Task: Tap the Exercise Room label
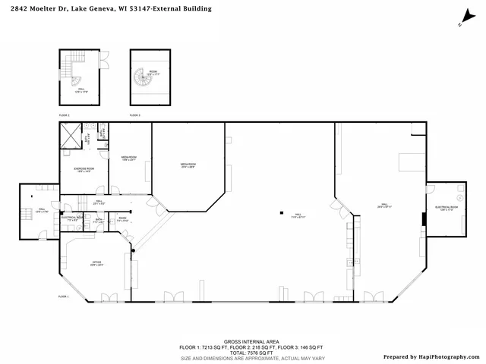point(84,169)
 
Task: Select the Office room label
point(97,263)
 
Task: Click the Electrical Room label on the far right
point(446,208)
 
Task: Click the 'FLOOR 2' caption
point(65,115)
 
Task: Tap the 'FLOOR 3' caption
point(134,115)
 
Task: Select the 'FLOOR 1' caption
point(64,297)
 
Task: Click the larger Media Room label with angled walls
point(188,165)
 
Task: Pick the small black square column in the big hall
point(281,213)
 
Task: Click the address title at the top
point(107,9)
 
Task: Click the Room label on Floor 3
point(153,73)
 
